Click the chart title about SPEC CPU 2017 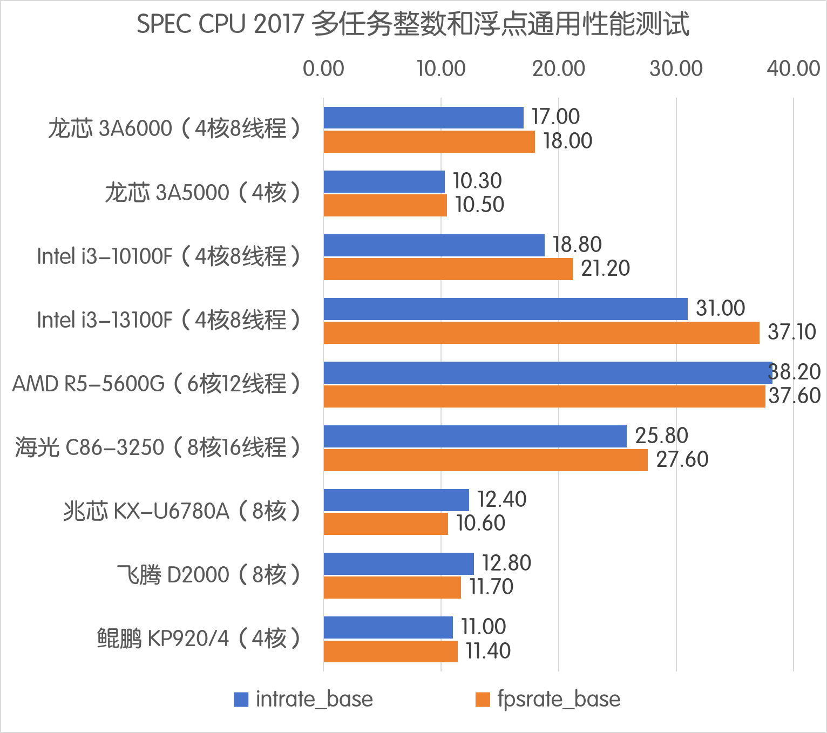click(413, 24)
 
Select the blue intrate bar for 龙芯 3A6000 click(424, 118)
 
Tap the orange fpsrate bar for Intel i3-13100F click(541, 332)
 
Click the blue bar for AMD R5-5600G click(548, 372)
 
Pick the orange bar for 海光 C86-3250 click(486, 460)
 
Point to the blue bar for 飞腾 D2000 click(399, 564)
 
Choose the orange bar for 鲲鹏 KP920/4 click(391, 651)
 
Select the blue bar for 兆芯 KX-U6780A click(396, 500)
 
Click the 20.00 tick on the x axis click(559, 69)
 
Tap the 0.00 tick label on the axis click(323, 69)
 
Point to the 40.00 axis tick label click(794, 69)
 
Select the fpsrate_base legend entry click(548, 699)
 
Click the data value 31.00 click(720, 308)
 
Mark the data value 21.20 click(605, 268)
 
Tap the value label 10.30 click(477, 181)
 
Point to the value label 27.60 click(682, 459)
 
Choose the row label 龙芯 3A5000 click(202, 193)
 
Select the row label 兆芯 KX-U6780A click(181, 511)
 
